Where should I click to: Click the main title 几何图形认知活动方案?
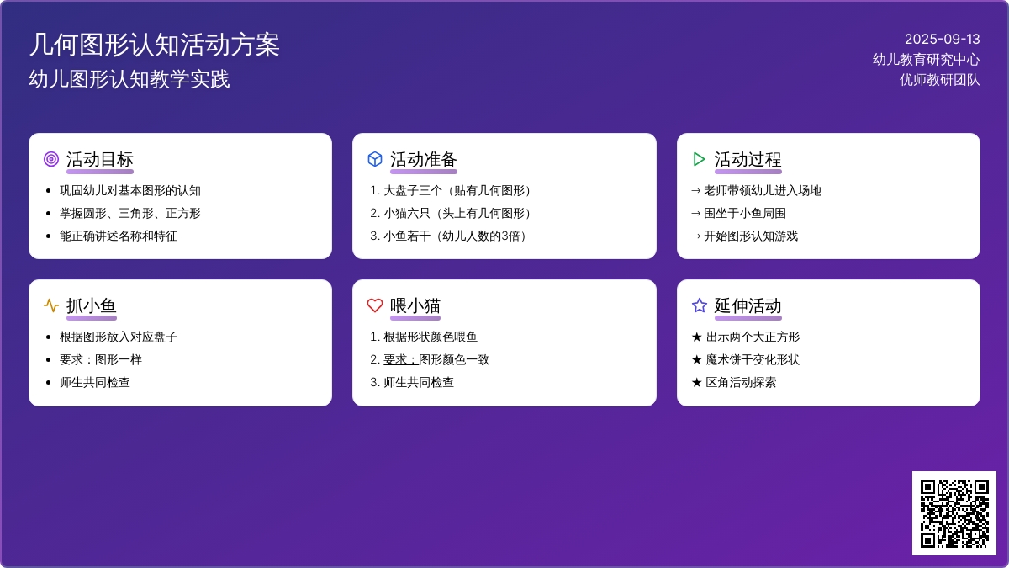(x=155, y=45)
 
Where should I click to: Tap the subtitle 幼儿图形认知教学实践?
(x=129, y=79)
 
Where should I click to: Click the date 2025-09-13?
(x=943, y=40)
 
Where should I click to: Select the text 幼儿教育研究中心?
(x=926, y=60)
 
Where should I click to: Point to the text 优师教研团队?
(x=940, y=80)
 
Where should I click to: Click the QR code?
(x=954, y=513)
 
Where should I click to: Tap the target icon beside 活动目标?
(x=51, y=159)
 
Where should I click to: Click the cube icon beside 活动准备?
(x=375, y=159)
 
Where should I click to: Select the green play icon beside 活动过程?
(x=699, y=159)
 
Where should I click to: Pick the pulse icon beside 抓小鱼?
(x=51, y=305)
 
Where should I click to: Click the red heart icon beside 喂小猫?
(x=375, y=305)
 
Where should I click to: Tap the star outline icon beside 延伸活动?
(x=699, y=305)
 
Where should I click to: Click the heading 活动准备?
(x=424, y=160)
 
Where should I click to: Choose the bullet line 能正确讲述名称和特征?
(x=119, y=236)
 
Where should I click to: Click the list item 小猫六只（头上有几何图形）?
(x=457, y=213)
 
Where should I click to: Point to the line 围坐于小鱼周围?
(x=745, y=213)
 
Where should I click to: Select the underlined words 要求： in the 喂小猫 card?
(x=401, y=360)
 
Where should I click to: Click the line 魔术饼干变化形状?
(x=753, y=360)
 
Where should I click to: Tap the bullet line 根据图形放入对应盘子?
(x=119, y=337)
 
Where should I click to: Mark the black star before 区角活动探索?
(x=697, y=383)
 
